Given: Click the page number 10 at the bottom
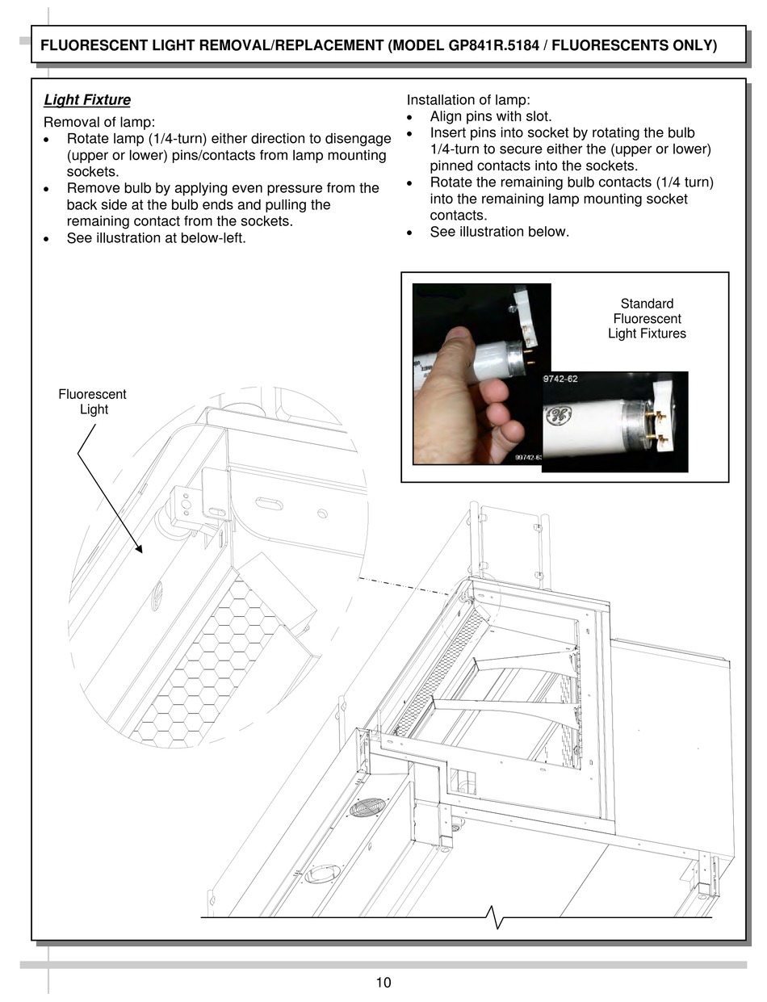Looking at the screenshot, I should [383, 983].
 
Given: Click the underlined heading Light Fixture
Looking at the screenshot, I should [87, 100].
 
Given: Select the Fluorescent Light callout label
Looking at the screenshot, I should [92, 402].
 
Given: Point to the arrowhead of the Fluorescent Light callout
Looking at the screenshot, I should [140, 551].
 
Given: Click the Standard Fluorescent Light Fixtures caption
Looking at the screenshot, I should [647, 319].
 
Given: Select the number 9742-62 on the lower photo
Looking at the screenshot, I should [560, 379].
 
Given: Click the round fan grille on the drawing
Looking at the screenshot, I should [367, 807].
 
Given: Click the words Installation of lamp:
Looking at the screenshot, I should [468, 100].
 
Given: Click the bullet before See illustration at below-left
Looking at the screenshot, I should [48, 239].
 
